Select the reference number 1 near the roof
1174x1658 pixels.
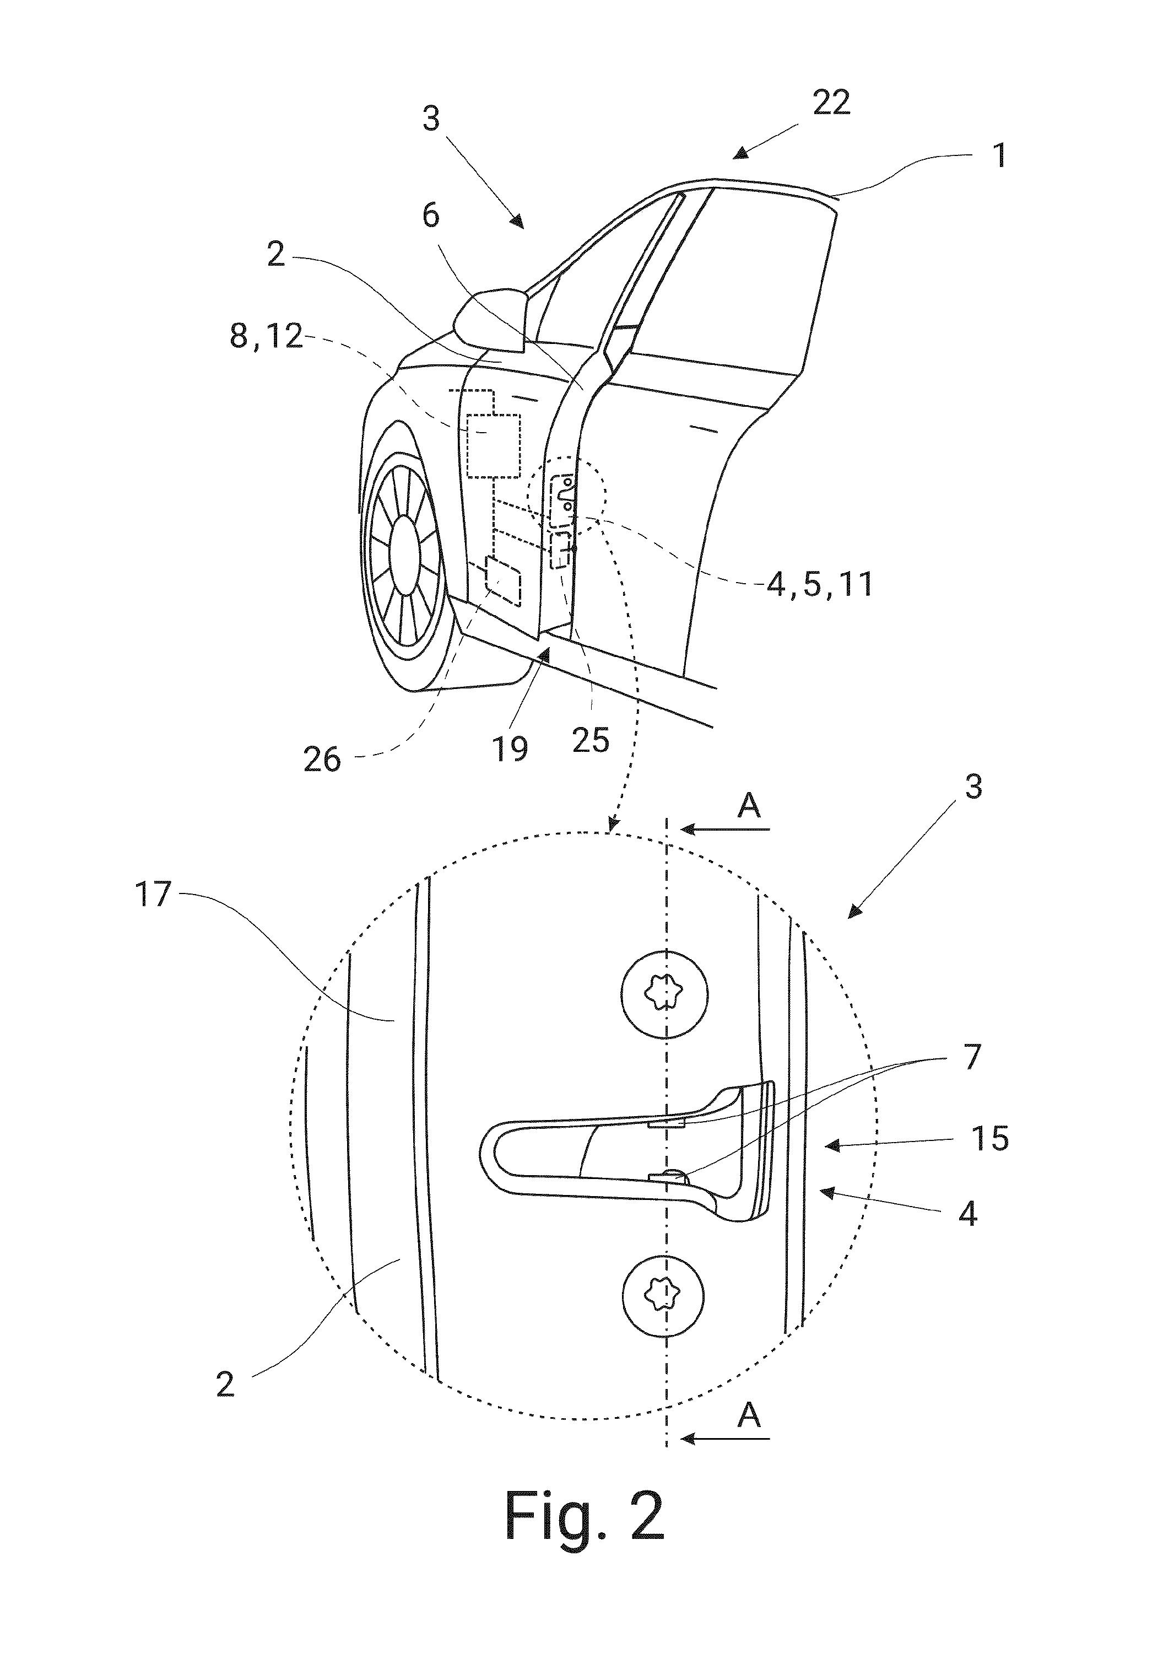pyautogui.click(x=1000, y=155)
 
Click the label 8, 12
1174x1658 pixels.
pyautogui.click(x=266, y=337)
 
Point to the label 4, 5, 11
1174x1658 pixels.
pyautogui.click(x=820, y=584)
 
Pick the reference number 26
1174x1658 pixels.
pyautogui.click(x=322, y=760)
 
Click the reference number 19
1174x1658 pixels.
pyautogui.click(x=510, y=749)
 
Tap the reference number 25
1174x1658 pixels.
pyautogui.click(x=591, y=740)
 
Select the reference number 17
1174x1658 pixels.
pyautogui.click(x=153, y=896)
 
